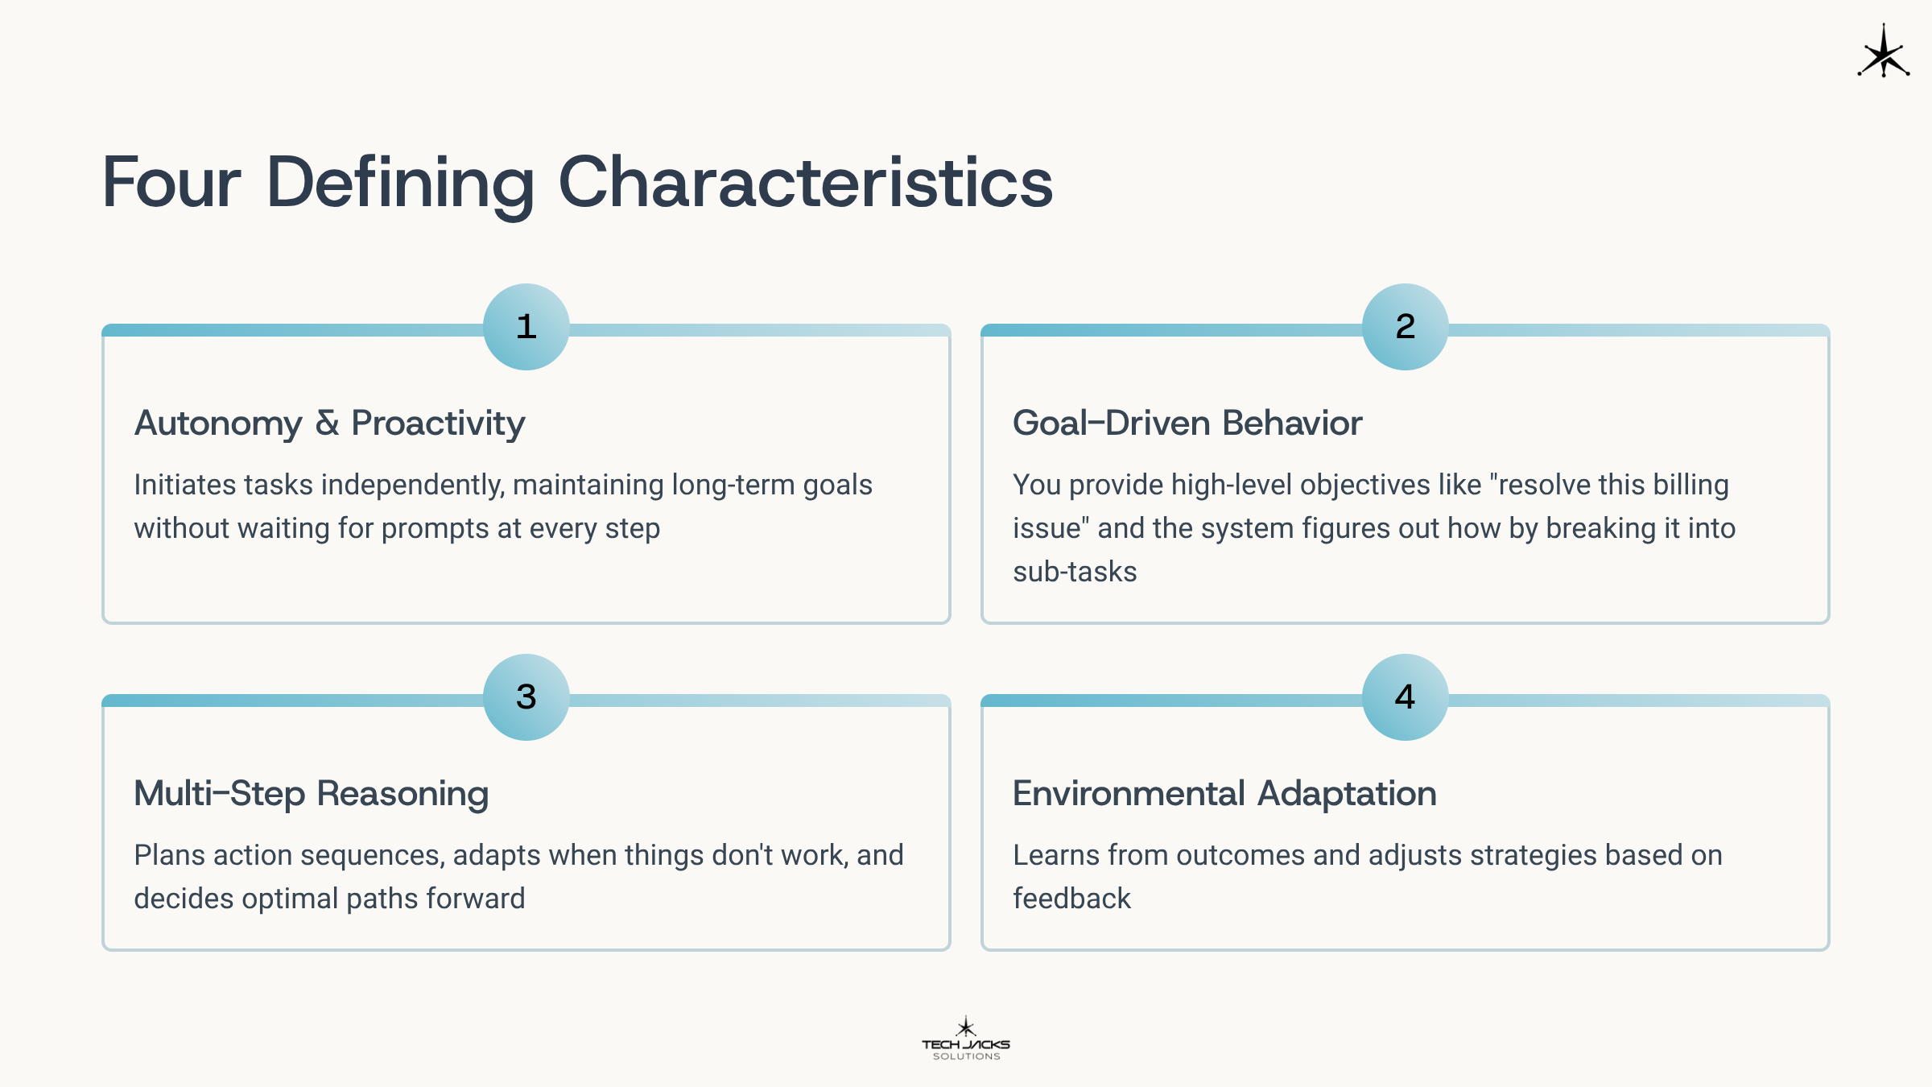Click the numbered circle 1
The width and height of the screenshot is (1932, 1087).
[526, 327]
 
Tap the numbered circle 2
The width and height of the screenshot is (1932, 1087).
[1406, 327]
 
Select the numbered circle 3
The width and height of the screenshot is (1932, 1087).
[526, 697]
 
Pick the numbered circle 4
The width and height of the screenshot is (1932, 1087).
[1406, 697]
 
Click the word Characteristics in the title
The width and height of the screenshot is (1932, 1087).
[806, 183]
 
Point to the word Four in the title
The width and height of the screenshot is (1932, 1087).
[171, 183]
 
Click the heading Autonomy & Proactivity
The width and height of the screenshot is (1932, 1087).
[329, 424]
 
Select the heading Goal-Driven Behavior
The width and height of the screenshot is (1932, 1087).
[1187, 424]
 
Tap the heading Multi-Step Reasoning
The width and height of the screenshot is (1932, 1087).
[312, 794]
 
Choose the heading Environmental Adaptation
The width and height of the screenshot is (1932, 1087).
[1224, 794]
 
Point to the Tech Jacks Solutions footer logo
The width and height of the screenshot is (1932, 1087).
[966, 1039]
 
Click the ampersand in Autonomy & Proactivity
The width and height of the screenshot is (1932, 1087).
[327, 424]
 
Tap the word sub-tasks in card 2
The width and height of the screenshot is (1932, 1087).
[1075, 572]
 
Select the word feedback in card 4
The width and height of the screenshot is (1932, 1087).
[1071, 899]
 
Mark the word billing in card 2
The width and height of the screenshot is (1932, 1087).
[1690, 486]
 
